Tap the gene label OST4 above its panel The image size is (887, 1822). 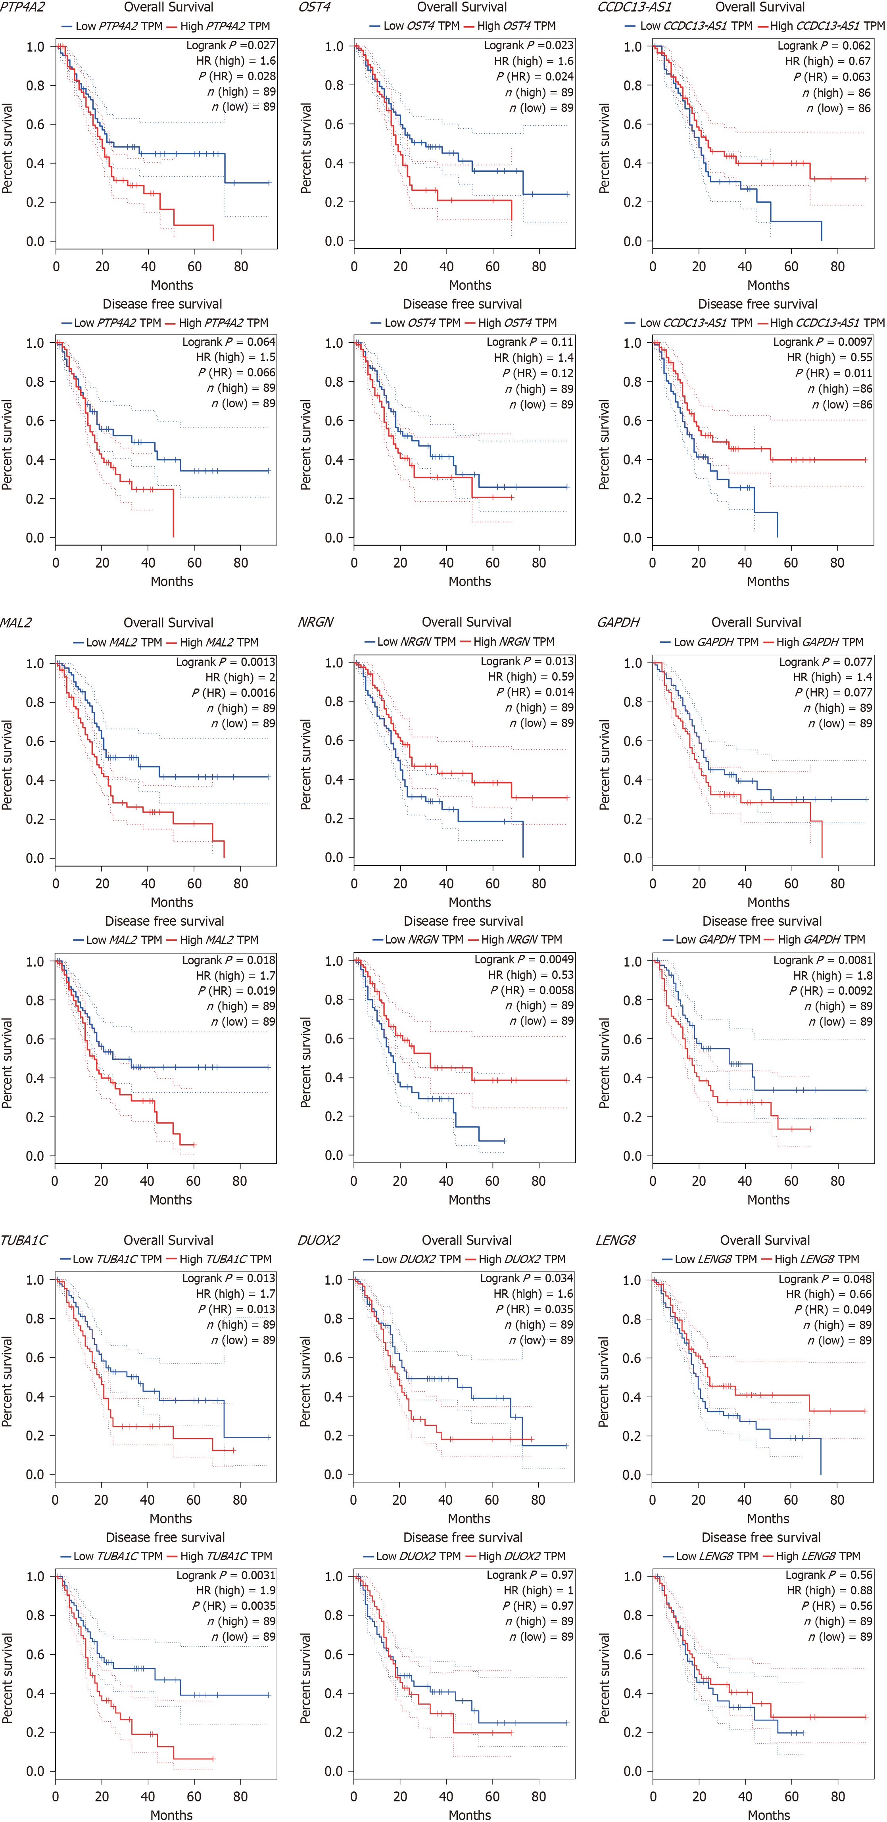pyautogui.click(x=314, y=7)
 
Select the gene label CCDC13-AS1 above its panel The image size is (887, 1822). pyautogui.click(x=634, y=7)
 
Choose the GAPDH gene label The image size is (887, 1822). pyautogui.click(x=618, y=622)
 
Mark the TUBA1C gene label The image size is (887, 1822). pyautogui.click(x=24, y=1240)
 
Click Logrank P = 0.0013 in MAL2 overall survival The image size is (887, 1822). pyautogui.click(x=226, y=662)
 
